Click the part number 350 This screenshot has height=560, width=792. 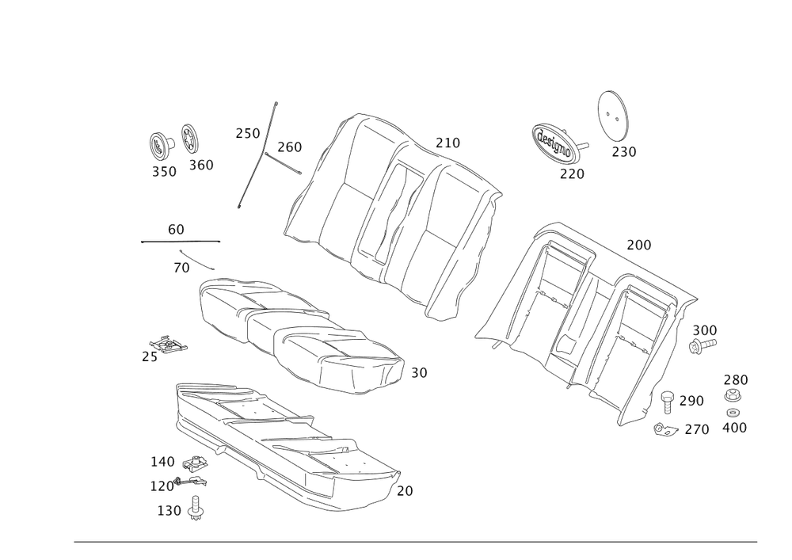(x=164, y=171)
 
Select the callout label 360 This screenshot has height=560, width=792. (x=200, y=166)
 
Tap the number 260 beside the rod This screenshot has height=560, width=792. (x=289, y=147)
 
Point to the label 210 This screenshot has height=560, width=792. (x=447, y=143)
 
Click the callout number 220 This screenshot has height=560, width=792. (x=571, y=173)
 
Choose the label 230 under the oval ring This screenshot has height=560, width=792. (x=623, y=151)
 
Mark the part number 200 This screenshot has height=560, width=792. (x=638, y=246)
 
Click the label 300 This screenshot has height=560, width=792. (x=704, y=330)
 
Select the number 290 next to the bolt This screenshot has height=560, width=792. (x=691, y=401)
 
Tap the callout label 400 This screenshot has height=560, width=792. (x=736, y=428)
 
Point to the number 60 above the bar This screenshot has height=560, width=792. (x=176, y=229)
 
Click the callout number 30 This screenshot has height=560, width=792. (x=419, y=372)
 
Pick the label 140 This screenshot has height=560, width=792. (x=162, y=461)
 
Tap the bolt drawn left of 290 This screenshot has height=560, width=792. (x=668, y=401)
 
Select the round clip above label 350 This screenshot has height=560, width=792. (x=161, y=145)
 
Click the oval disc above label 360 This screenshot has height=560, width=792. (x=191, y=139)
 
